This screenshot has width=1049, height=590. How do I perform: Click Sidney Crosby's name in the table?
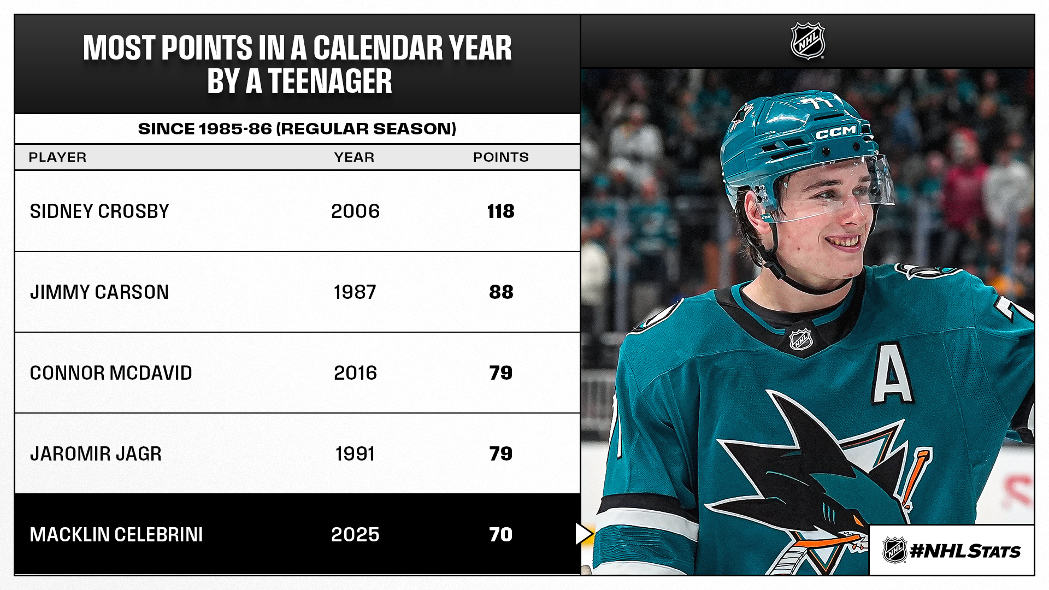(x=99, y=211)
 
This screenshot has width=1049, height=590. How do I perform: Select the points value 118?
(x=500, y=211)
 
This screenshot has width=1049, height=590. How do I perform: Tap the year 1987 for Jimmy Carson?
(x=355, y=292)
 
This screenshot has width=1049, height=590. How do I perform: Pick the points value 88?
(x=501, y=292)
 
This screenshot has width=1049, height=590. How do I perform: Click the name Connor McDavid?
(x=111, y=373)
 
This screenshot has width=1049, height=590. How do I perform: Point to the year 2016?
(x=355, y=373)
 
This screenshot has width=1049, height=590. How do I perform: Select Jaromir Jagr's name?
(x=96, y=454)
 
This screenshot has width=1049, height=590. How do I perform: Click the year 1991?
(x=355, y=454)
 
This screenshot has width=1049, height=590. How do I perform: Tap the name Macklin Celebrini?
(x=116, y=535)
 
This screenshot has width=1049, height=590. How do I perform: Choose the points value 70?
(x=500, y=535)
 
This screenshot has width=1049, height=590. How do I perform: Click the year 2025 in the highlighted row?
(x=355, y=535)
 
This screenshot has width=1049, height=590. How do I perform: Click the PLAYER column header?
(x=57, y=157)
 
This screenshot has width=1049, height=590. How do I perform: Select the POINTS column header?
(x=500, y=157)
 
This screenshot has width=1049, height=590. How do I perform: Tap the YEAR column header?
(x=354, y=157)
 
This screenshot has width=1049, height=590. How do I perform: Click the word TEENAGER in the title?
(x=330, y=82)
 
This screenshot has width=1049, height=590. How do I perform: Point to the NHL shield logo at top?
(x=808, y=41)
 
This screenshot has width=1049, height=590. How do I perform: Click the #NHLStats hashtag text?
(x=965, y=551)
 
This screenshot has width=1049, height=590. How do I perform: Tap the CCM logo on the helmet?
(x=836, y=132)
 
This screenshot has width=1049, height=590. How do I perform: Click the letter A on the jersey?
(x=892, y=374)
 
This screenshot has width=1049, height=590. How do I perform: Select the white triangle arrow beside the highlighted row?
(x=583, y=534)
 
